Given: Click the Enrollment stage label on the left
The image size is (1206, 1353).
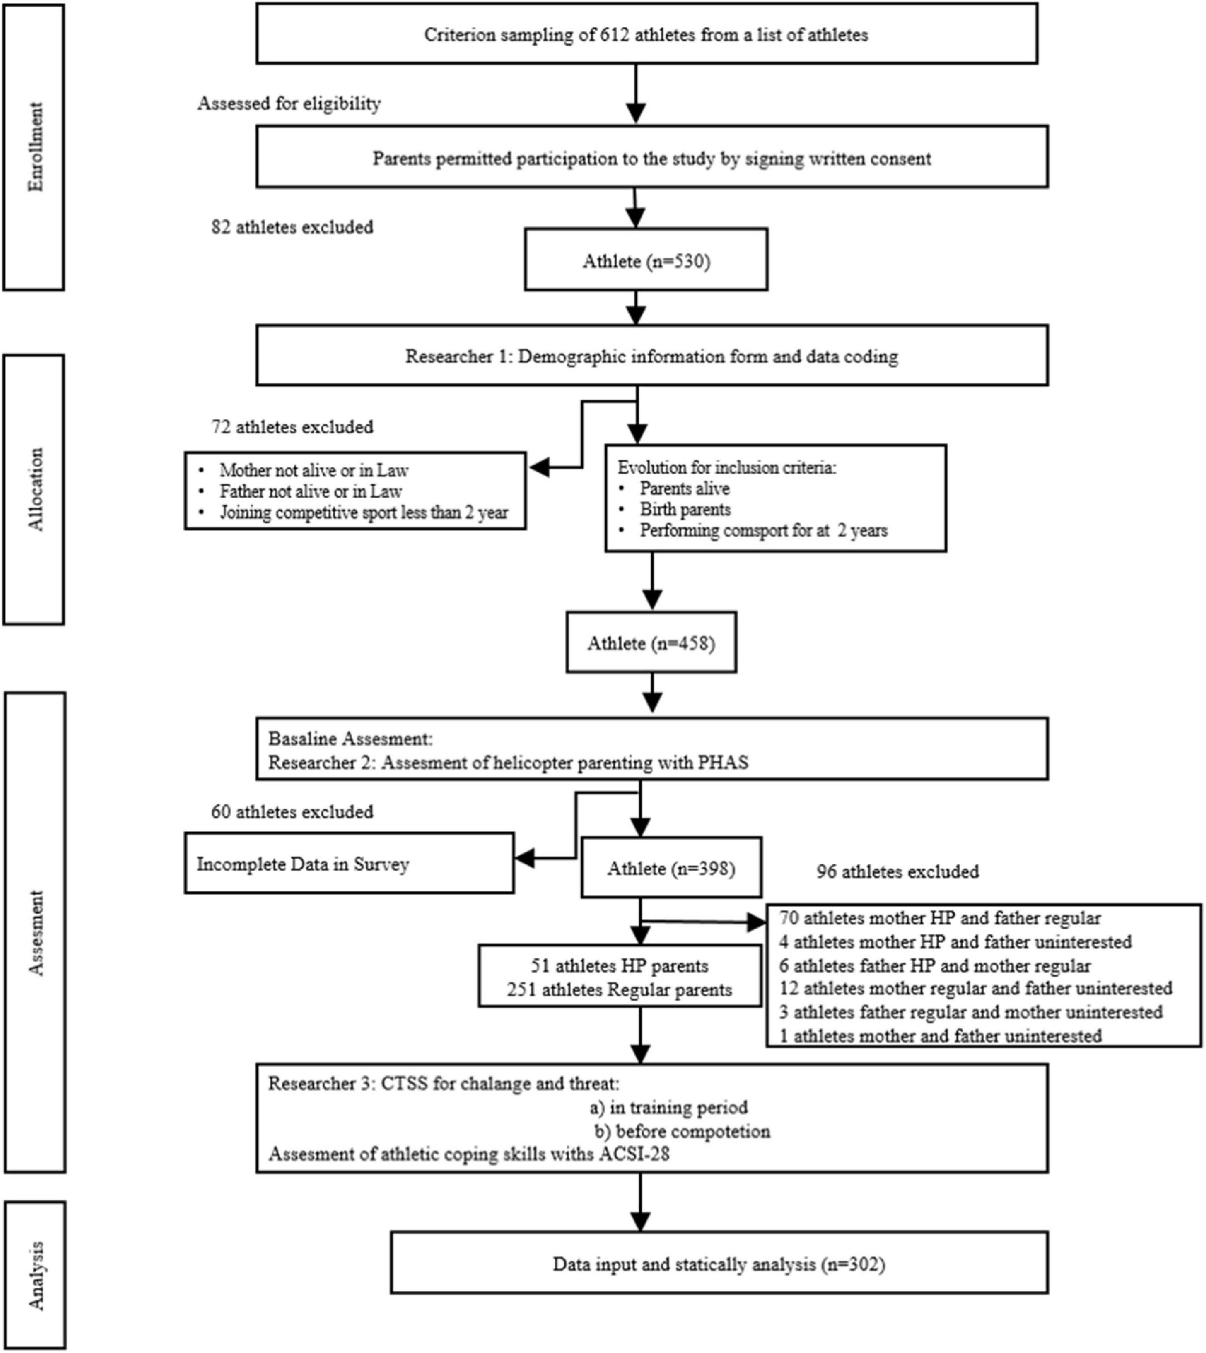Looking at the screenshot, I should (34, 147).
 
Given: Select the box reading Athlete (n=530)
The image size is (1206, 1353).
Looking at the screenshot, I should (646, 261).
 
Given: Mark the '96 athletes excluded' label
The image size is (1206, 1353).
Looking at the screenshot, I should (897, 871).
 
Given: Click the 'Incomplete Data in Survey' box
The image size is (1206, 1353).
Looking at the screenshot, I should (349, 864).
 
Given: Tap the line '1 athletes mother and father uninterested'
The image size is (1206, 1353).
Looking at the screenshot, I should (940, 1036).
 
